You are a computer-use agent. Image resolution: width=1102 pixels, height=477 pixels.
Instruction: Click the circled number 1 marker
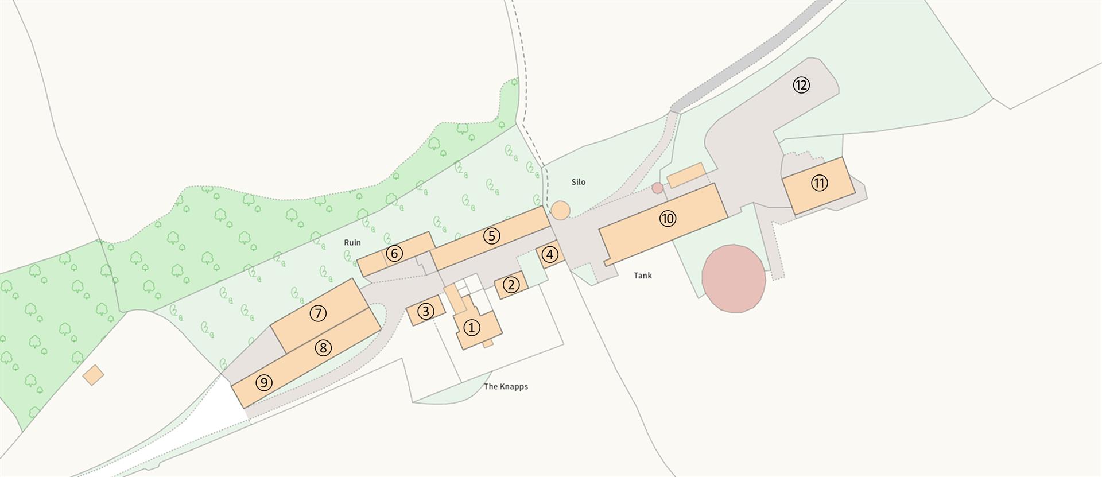click(471, 328)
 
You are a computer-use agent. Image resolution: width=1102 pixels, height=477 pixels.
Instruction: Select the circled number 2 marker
click(511, 284)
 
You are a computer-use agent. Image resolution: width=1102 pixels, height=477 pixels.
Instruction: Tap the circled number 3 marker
click(425, 311)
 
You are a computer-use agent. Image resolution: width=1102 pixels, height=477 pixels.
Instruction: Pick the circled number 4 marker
click(550, 254)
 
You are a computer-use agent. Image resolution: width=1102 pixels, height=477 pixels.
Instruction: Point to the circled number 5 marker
click(492, 236)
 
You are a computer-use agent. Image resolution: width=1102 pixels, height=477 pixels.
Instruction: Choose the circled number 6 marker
click(394, 253)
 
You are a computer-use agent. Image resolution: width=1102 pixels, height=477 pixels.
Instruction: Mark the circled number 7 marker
click(318, 313)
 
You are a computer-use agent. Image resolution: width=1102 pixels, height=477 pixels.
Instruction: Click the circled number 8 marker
click(323, 347)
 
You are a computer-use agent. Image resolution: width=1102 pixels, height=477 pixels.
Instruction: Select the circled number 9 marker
click(263, 382)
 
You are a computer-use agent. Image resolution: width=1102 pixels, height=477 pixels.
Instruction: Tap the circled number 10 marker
click(668, 218)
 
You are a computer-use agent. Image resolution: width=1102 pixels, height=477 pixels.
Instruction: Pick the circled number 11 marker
click(819, 183)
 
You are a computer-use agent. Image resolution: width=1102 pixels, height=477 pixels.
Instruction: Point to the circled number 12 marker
click(801, 86)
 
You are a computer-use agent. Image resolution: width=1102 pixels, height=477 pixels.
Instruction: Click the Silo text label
click(579, 182)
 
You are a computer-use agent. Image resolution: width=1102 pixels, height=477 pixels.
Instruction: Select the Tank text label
click(643, 276)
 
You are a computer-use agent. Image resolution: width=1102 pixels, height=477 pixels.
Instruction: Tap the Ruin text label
click(352, 242)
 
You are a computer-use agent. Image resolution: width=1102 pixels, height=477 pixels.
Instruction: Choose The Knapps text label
click(506, 386)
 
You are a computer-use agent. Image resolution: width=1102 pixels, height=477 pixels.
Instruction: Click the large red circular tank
click(734, 278)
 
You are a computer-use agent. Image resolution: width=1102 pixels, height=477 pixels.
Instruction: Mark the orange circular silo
click(561, 210)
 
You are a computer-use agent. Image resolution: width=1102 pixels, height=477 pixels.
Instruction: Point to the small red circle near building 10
click(658, 188)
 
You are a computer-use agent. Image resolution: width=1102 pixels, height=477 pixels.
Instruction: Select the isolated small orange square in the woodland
click(94, 375)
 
